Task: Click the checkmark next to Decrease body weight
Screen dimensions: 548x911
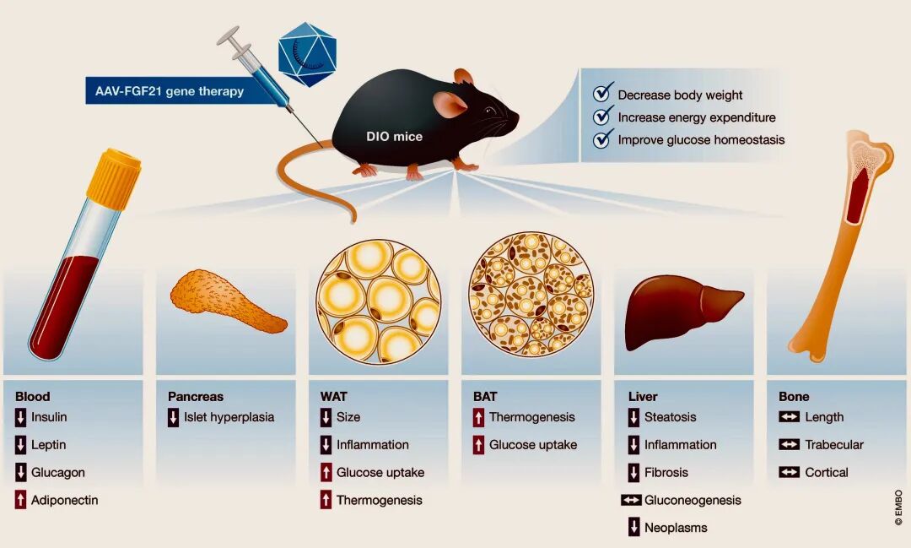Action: coord(602,94)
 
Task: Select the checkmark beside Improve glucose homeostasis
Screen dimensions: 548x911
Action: coord(602,139)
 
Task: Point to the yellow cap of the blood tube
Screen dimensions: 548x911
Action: coord(113,178)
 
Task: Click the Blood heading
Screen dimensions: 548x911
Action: coord(33,396)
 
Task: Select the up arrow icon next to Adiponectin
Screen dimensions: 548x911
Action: coord(21,500)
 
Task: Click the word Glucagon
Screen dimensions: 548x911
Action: coord(58,472)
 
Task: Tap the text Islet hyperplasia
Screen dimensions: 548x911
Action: coord(229,416)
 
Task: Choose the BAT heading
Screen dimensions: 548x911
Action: coord(485,396)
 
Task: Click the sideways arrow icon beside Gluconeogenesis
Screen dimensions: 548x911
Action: coord(631,500)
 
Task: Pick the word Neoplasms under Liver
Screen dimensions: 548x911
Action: coord(676,528)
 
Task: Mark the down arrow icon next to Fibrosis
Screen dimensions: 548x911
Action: coord(633,472)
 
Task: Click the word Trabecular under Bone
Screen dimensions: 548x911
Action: coord(834,444)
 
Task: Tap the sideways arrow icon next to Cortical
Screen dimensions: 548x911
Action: coord(789,472)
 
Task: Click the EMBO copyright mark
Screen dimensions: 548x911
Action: coord(898,507)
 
